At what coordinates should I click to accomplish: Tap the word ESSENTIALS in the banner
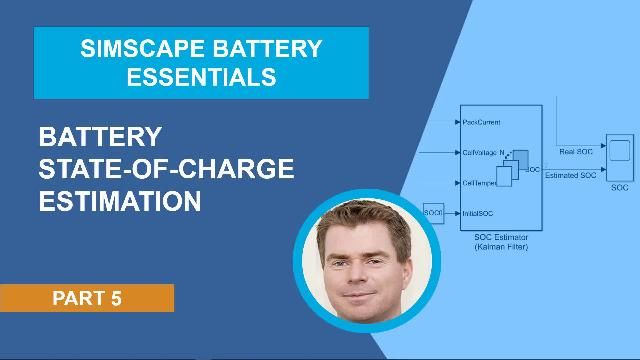click(201, 76)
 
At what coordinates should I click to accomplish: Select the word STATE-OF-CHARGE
click(166, 168)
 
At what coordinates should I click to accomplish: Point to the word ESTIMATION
click(119, 200)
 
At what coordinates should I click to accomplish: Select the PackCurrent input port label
click(481, 121)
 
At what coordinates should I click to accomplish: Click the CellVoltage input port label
click(481, 152)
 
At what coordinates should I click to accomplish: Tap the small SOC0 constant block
click(432, 213)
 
